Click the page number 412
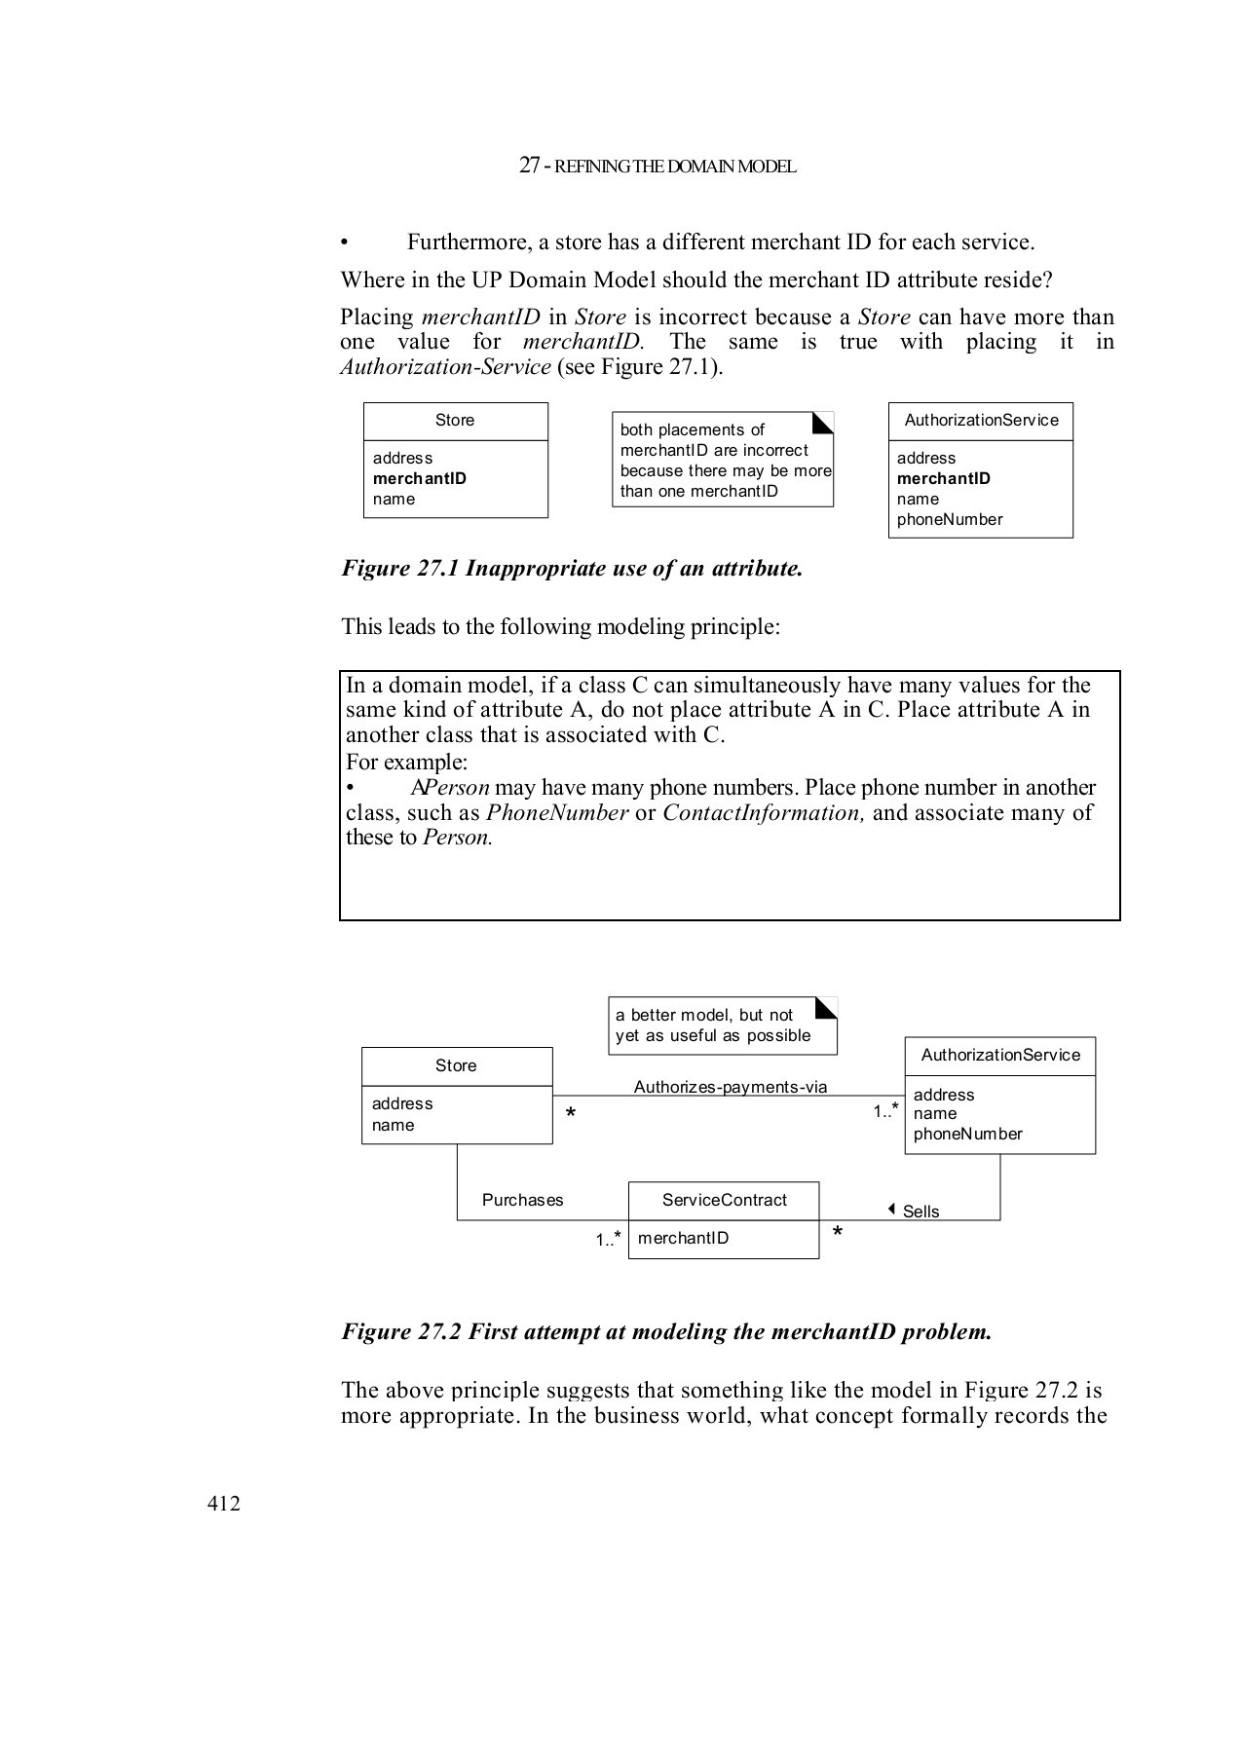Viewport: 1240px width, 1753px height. tap(223, 1504)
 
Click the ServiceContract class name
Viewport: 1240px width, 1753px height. tap(724, 1200)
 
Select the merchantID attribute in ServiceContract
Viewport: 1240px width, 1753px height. tap(683, 1238)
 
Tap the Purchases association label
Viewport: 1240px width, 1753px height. tap(522, 1200)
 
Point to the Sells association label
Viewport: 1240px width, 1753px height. tap(921, 1212)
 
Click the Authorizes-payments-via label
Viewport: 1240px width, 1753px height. tap(730, 1087)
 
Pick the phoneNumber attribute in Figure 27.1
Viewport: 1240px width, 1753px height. tap(949, 519)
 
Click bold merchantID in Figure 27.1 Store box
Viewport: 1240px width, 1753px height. tap(419, 478)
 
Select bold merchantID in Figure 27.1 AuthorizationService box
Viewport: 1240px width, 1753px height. tap(943, 478)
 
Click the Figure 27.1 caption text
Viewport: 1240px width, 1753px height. tap(572, 569)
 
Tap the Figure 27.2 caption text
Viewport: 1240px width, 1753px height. tap(666, 1331)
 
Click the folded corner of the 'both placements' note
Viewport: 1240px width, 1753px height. tap(824, 422)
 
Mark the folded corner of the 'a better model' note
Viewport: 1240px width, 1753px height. tap(827, 1007)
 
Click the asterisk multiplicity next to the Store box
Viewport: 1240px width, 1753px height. tap(571, 1114)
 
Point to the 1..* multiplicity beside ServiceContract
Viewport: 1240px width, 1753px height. tap(609, 1239)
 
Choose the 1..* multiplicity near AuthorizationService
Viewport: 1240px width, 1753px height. tap(885, 1110)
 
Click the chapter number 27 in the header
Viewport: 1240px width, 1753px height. tap(529, 166)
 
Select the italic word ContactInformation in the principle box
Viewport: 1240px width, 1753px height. tap(763, 813)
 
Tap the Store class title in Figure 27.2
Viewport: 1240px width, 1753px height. tap(456, 1065)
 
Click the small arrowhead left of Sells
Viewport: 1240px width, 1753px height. tap(891, 1209)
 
